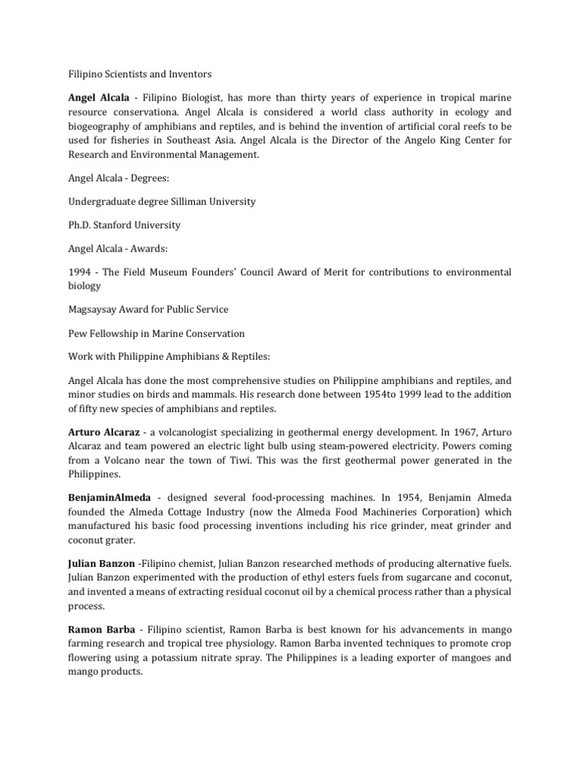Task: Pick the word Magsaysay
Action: point(97,310)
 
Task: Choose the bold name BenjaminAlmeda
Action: point(112,499)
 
